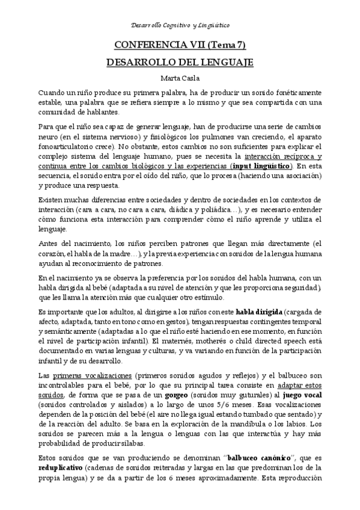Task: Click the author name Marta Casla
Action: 180,78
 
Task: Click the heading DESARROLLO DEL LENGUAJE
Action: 180,62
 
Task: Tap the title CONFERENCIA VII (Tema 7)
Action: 180,45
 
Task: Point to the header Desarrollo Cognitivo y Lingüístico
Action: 180,25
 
